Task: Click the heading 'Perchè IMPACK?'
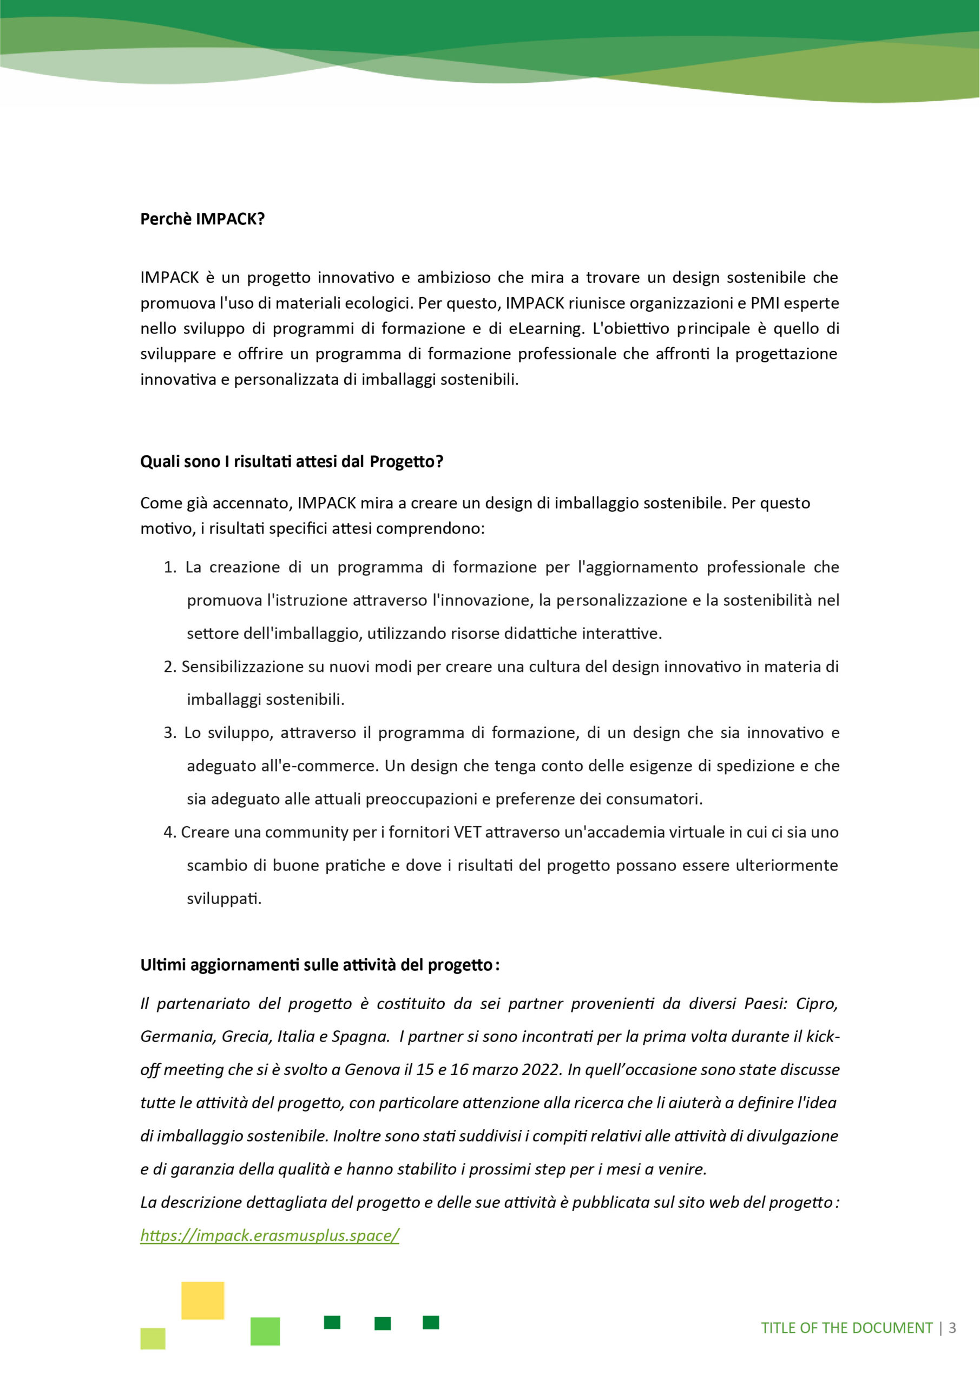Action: [x=202, y=219]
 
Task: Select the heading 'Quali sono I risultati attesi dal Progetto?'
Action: [x=292, y=462]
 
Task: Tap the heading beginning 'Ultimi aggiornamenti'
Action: [x=319, y=965]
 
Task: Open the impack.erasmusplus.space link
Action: [x=269, y=1235]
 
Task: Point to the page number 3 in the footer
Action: [x=952, y=1328]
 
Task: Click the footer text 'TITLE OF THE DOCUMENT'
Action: [x=847, y=1328]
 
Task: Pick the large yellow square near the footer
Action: [x=203, y=1300]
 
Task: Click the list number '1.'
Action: [x=169, y=567]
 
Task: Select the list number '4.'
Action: [x=169, y=833]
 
